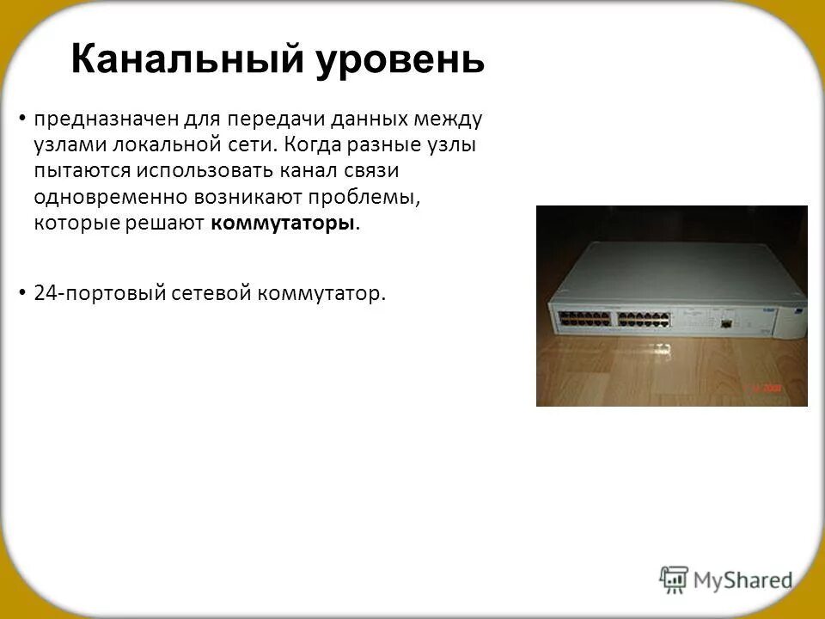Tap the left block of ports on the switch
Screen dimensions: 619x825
click(x=586, y=317)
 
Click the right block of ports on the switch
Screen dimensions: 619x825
click(x=645, y=317)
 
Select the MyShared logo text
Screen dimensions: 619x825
click(x=743, y=580)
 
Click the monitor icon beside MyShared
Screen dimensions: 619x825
click(x=674, y=579)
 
